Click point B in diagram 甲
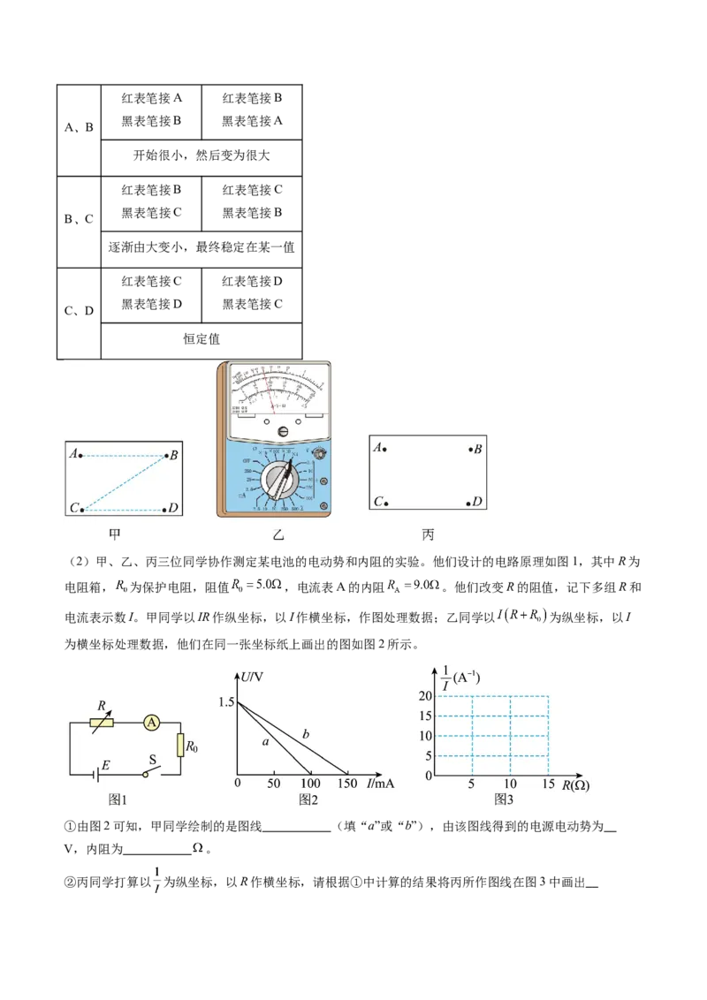tap(165, 456)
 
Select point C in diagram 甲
tap(80, 510)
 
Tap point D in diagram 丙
tap(469, 503)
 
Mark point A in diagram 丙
tap(384, 450)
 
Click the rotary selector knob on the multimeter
tap(282, 483)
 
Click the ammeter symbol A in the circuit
tap(152, 723)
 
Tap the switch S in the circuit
tap(154, 769)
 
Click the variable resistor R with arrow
tap(103, 722)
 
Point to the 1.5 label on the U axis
tap(224, 702)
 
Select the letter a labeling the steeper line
tap(265, 743)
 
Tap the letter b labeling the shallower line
tap(306, 734)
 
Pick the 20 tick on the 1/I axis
tap(425, 696)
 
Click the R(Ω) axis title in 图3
tap(575, 785)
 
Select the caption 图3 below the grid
tap(504, 799)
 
